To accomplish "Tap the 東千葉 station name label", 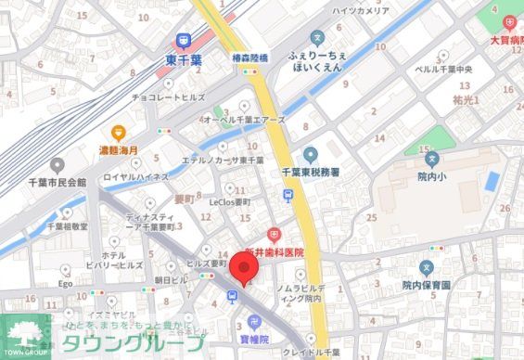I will pyautogui.click(x=184, y=58).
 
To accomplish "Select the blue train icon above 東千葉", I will pyautogui.click(x=184, y=40).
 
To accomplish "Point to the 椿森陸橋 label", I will pyautogui.click(x=249, y=56).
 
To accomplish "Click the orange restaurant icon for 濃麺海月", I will pyautogui.click(x=118, y=134).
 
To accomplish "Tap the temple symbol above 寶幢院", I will pyautogui.click(x=249, y=323).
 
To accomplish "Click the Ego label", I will pyautogui.click(x=66, y=284).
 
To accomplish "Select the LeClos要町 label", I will pyautogui.click(x=229, y=200).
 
